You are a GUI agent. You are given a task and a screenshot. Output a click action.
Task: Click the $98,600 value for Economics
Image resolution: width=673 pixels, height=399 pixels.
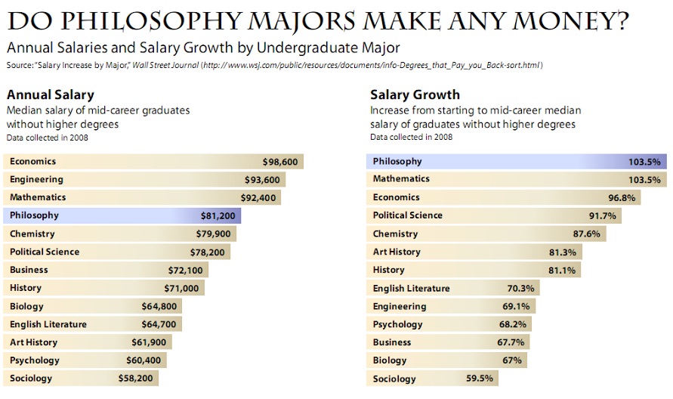(x=280, y=162)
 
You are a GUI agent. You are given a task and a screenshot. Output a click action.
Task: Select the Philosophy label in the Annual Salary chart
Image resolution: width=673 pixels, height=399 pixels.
(x=34, y=215)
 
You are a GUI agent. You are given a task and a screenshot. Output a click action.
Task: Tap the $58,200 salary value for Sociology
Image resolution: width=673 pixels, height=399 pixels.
(x=135, y=379)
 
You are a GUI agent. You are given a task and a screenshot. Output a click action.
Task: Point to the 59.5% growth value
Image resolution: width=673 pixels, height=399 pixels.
(x=480, y=379)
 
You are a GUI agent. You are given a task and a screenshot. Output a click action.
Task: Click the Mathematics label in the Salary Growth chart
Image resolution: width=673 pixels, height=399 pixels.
(x=401, y=179)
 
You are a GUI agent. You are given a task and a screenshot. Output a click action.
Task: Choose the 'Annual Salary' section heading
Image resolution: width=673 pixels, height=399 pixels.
(x=50, y=94)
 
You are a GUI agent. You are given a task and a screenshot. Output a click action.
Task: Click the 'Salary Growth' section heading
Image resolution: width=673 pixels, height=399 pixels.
(x=415, y=94)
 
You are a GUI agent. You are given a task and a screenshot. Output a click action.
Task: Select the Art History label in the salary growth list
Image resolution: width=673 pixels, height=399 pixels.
(x=397, y=252)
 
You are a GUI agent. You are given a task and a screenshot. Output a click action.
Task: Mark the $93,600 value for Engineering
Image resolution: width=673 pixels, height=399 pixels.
(x=262, y=180)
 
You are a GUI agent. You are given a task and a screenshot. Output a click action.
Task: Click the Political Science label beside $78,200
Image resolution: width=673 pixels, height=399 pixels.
(x=45, y=252)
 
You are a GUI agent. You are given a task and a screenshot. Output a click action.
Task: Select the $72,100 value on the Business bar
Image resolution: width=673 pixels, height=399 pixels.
(x=185, y=270)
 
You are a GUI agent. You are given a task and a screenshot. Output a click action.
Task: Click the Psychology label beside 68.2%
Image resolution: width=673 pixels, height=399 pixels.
(x=398, y=324)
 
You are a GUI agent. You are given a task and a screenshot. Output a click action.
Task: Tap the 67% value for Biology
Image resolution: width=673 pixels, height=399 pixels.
(x=512, y=360)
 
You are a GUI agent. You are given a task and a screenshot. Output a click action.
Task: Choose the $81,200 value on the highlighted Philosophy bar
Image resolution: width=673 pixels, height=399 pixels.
(x=218, y=215)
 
